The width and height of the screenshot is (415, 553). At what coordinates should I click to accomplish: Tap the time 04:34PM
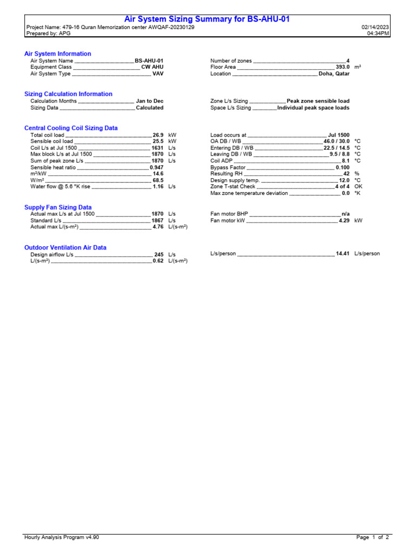coord(378,33)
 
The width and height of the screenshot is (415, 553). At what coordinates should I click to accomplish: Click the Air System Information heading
coord(58,54)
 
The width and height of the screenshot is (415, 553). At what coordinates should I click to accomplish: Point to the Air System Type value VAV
coord(158,74)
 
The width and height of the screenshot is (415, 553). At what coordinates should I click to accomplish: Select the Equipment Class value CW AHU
coord(152,68)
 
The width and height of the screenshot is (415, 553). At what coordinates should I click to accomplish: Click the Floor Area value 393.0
coord(343,68)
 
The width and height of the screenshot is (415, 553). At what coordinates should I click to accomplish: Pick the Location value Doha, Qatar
coord(334,74)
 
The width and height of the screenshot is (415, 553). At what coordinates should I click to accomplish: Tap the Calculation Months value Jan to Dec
coord(150,101)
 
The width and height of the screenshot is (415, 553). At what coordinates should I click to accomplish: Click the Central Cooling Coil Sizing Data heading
coord(71,128)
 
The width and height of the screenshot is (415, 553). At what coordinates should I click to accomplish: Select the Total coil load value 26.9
coord(158,135)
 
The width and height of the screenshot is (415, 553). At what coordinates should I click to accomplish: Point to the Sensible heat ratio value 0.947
coord(156,167)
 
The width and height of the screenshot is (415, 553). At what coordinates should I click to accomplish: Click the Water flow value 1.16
coord(158,186)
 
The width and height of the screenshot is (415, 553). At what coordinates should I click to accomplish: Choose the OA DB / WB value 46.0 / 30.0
coord(336,141)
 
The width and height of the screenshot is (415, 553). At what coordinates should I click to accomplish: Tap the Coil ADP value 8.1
coord(345,161)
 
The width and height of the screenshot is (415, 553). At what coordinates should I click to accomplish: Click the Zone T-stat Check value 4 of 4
coord(342,186)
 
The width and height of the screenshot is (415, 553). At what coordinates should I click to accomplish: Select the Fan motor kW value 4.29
coord(344,221)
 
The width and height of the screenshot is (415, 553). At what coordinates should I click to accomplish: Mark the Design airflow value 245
coord(158,254)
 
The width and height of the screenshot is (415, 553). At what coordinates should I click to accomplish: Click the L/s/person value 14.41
coord(343,254)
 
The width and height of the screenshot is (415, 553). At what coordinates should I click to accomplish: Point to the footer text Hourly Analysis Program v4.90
coord(62,537)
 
